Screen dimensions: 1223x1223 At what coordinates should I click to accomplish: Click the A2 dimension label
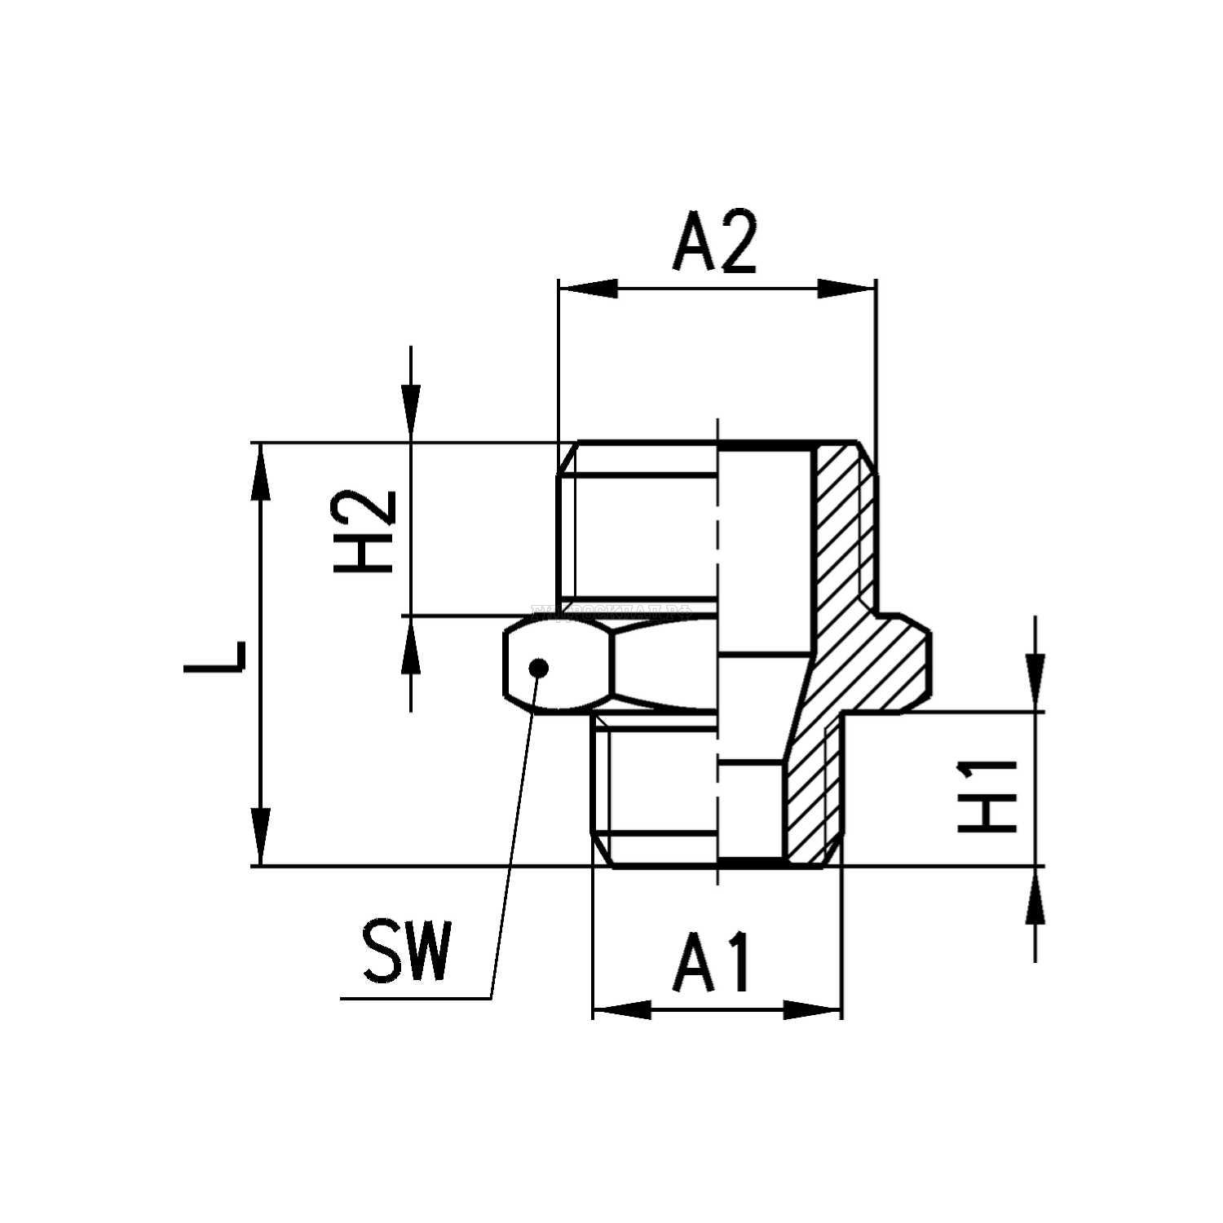pos(715,242)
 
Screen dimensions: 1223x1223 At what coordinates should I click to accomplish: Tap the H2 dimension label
pos(364,532)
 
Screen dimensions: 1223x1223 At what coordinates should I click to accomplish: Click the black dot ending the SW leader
pos(538,668)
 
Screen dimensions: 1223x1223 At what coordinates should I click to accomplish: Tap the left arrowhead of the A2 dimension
pos(587,289)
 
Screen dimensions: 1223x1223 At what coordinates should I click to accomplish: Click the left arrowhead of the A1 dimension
pos(621,1009)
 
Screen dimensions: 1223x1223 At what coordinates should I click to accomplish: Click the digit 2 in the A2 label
pos(737,242)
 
